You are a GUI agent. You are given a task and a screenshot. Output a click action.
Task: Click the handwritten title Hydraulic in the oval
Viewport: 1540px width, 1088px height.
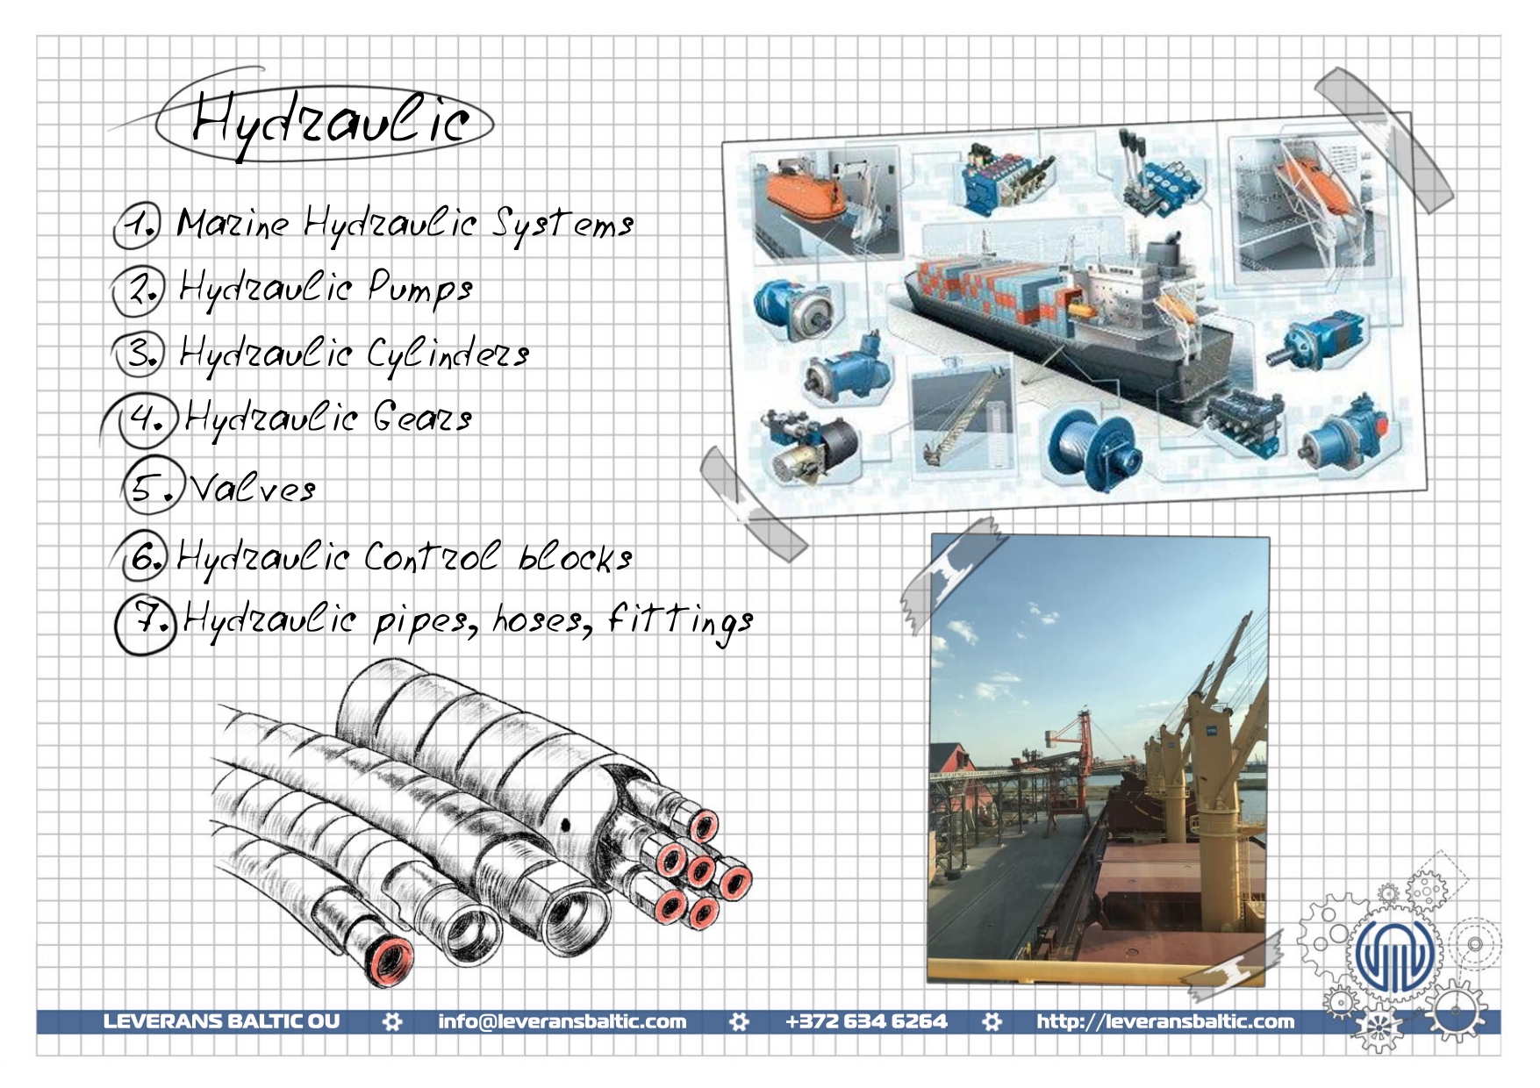click(x=330, y=123)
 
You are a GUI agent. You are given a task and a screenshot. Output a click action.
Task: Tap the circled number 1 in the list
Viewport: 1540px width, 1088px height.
click(x=138, y=225)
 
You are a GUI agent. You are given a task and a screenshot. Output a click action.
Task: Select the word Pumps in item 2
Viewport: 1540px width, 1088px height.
click(x=420, y=289)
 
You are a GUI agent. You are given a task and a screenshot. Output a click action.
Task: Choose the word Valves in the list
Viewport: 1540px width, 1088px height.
click(x=253, y=488)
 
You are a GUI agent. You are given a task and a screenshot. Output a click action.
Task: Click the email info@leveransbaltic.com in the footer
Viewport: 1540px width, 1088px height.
click(x=562, y=1021)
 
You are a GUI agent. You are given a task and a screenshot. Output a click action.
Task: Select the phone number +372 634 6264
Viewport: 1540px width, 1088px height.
click(x=866, y=1021)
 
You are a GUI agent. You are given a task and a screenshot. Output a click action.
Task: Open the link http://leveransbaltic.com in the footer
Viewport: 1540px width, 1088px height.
click(x=1165, y=1021)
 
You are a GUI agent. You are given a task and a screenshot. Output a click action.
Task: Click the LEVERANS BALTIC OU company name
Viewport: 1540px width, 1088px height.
click(x=221, y=1021)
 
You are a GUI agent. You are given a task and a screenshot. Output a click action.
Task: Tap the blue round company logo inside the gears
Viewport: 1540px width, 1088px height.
click(x=1394, y=956)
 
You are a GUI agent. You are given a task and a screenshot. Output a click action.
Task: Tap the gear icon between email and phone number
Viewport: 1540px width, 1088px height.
click(x=739, y=1021)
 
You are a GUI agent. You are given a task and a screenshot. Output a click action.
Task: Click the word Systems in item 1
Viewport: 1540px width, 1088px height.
click(x=562, y=225)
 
